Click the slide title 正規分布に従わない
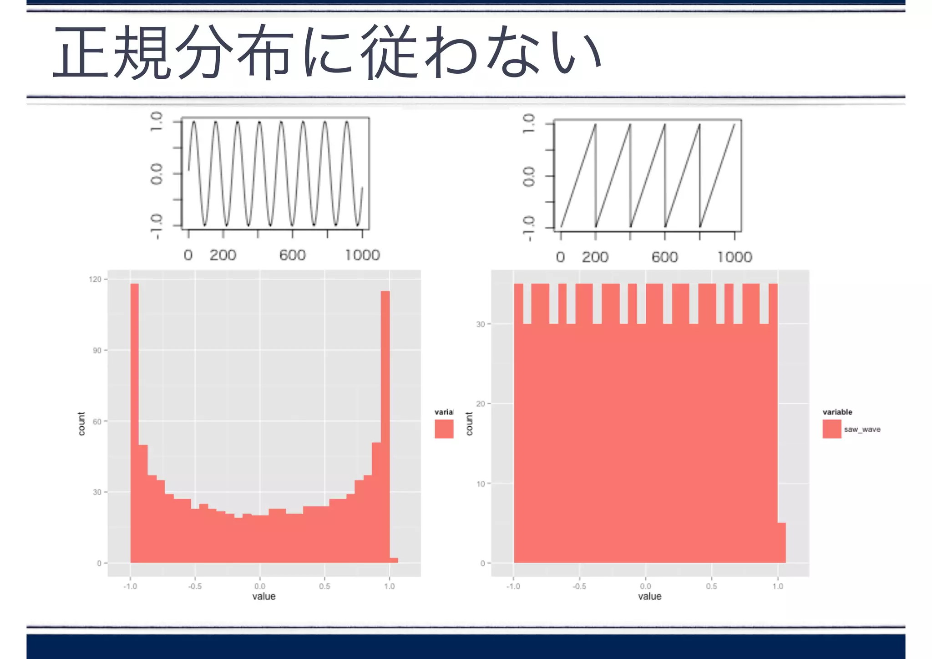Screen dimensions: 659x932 coord(328,52)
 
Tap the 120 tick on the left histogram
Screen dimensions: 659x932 coord(95,279)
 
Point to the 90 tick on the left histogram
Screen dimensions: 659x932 coord(97,350)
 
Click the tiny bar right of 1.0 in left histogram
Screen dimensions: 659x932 coord(394,560)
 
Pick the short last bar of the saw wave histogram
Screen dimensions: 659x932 coord(782,542)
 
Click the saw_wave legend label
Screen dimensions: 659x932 coord(862,429)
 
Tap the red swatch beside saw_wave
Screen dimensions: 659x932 coord(831,429)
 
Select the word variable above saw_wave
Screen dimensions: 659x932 coord(837,412)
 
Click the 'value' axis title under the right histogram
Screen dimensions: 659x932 coord(649,596)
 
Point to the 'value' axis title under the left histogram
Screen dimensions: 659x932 coord(264,596)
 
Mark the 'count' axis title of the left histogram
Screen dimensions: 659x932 coord(81,424)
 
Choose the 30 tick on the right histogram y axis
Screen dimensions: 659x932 coord(481,324)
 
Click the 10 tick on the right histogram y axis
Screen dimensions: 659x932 coord(481,484)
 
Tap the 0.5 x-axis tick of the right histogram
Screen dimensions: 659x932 coord(711,586)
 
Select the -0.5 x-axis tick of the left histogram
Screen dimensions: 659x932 coord(195,586)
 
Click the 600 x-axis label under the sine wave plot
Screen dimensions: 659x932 coord(293,255)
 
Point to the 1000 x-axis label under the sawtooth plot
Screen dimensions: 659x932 coord(734,257)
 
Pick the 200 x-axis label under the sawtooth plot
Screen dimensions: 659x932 coord(595,257)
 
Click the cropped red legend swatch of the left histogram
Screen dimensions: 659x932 coord(444,429)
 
